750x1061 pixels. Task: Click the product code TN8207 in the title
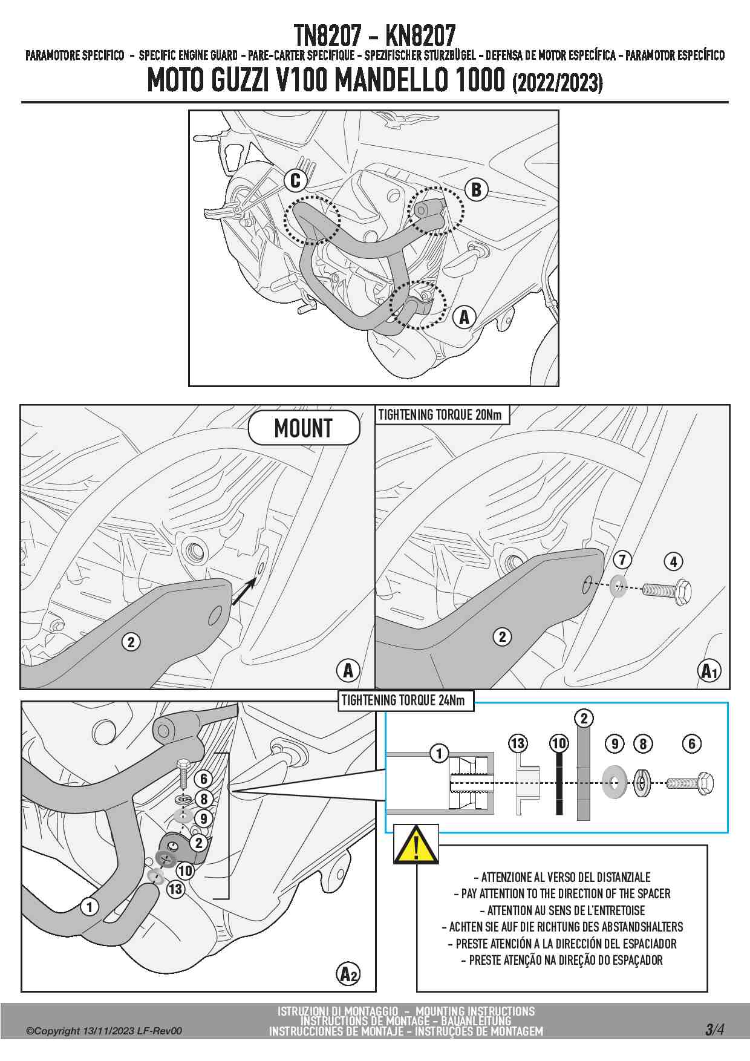coord(327,36)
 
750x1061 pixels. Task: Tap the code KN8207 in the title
coord(420,36)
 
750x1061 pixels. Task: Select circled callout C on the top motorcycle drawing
coord(295,180)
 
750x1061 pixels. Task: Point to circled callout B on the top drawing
coord(476,189)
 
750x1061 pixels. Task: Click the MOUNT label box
coord(304,428)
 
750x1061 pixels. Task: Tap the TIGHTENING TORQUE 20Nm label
coord(441,415)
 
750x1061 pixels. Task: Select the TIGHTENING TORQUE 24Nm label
coord(404,700)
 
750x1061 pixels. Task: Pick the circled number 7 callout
coord(622,560)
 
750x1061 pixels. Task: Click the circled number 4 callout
coord(673,561)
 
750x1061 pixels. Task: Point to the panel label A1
coord(709,671)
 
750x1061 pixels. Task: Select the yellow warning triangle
coord(416,844)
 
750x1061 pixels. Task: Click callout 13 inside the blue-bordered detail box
coord(518,743)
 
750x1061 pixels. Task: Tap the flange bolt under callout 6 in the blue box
coord(691,783)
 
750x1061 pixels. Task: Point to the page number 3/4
coord(714,1029)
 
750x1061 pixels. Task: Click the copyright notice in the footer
coord(103,1031)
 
